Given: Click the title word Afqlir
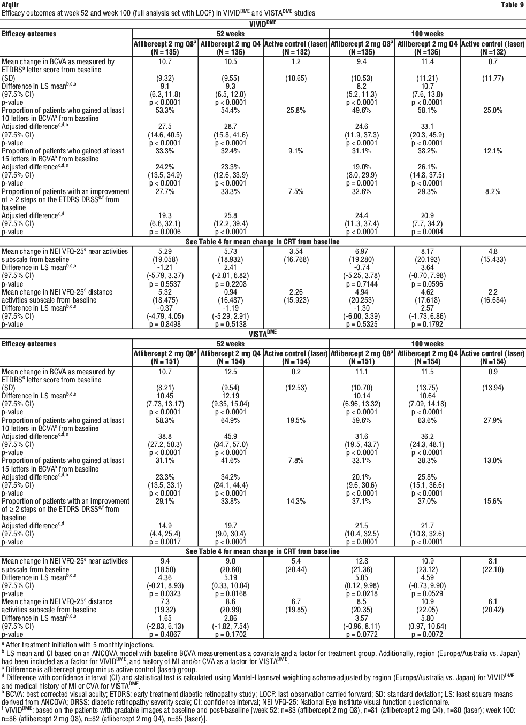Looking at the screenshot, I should pos(10,4).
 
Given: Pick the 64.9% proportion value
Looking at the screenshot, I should pos(230,420).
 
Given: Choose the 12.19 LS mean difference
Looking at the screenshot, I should pos(230,396).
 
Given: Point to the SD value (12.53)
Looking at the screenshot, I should pos(295,388).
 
